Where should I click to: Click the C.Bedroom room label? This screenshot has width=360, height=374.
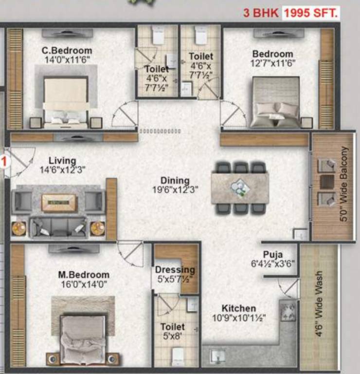[x=67, y=51]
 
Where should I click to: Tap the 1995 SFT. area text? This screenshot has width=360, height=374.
[x=311, y=13]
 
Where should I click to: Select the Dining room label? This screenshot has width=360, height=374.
[x=175, y=181]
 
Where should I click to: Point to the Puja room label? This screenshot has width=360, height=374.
[x=273, y=254]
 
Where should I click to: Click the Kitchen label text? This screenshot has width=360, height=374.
[x=238, y=308]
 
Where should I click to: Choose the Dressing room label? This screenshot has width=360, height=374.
[x=175, y=270]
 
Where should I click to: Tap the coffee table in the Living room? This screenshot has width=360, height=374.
[x=59, y=202]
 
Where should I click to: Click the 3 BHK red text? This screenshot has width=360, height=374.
[x=261, y=13]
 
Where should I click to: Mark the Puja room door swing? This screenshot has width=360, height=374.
[x=290, y=289]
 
